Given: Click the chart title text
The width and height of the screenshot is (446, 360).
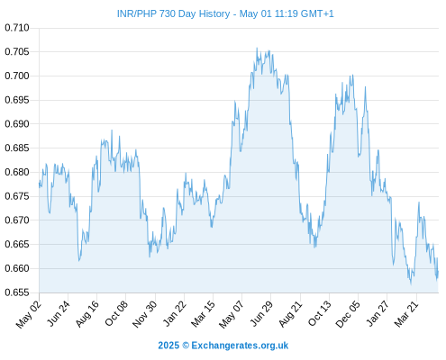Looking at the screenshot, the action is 225,13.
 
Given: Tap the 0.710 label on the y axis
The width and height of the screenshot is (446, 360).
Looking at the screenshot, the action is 17,28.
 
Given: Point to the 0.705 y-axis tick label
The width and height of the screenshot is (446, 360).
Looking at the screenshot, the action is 17,52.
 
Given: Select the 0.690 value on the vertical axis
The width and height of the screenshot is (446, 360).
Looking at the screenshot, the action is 17,124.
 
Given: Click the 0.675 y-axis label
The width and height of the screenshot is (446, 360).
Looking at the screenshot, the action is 17,196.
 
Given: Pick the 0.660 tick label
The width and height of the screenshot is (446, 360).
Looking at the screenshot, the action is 17,268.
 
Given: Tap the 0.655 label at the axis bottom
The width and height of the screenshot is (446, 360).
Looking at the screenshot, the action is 17,292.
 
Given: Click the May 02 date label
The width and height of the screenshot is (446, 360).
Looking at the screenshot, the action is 29,314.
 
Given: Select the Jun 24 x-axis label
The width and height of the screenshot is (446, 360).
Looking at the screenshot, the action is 59,313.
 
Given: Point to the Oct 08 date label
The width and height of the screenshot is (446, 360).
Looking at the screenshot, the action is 116,313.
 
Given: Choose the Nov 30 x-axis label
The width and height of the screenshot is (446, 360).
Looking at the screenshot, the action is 144,314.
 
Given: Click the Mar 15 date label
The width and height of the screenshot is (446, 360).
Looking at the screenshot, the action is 203,313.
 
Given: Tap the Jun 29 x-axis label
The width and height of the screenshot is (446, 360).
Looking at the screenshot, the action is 261,313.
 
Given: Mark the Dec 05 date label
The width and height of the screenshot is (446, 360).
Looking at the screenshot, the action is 348,314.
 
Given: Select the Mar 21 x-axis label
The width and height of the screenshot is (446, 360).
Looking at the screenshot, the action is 406,313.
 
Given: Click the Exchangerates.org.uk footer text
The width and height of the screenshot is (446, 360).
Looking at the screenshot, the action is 240,346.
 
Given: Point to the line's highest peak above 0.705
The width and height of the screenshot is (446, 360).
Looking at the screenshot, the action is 257,48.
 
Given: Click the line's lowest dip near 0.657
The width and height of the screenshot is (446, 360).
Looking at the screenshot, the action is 411,283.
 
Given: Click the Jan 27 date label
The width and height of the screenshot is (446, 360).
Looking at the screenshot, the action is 378,313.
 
